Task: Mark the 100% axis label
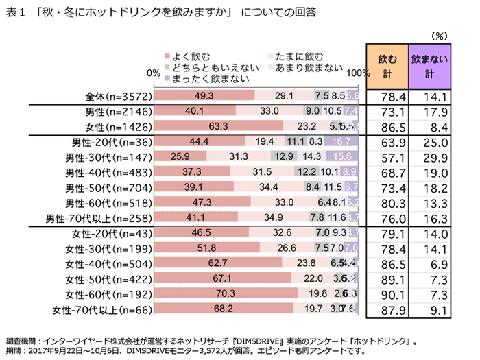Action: tap(357, 72)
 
